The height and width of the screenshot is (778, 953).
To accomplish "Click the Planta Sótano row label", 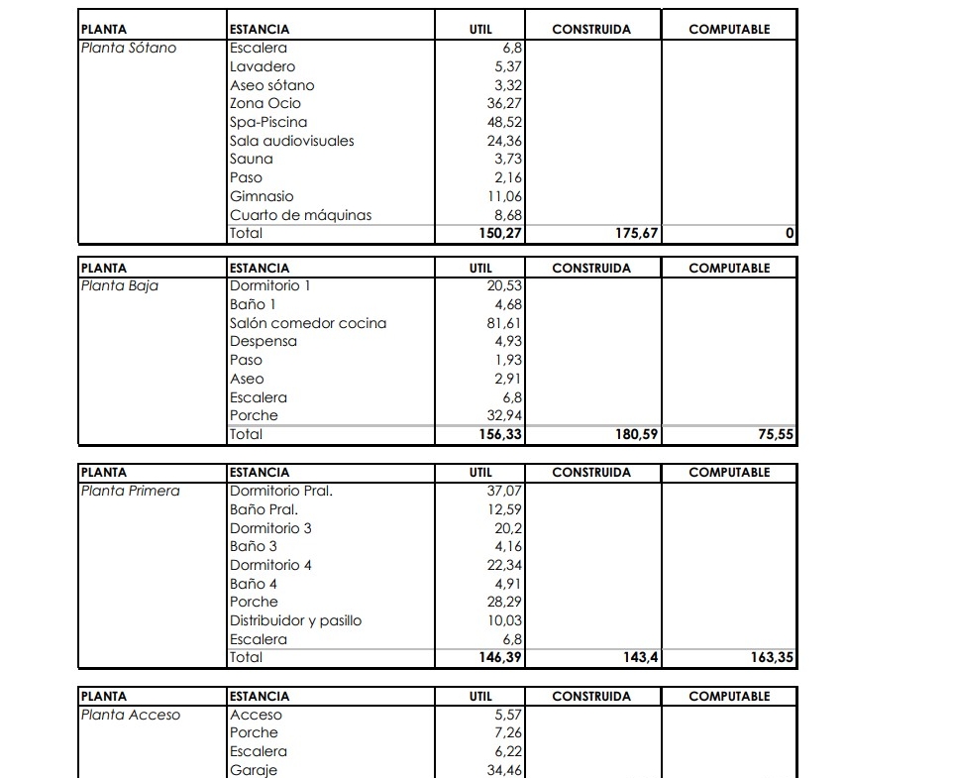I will (x=128, y=48).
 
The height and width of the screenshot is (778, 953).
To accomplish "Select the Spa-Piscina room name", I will (x=268, y=122).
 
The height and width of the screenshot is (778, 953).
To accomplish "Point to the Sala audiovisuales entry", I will (x=291, y=141).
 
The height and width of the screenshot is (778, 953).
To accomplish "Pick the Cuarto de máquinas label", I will (x=300, y=215).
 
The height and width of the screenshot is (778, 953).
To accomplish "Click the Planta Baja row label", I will (x=120, y=285).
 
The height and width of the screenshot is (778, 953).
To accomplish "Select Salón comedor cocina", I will (x=308, y=323).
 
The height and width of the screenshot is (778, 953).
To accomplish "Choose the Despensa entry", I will (x=264, y=342).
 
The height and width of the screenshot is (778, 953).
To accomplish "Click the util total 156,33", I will (x=499, y=434).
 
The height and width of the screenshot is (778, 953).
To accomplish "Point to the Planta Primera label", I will (x=130, y=491).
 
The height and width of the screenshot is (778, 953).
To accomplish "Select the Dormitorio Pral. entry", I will (x=281, y=491).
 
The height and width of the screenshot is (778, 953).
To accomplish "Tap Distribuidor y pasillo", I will (x=295, y=620).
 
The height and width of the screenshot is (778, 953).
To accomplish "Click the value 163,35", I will (x=772, y=657).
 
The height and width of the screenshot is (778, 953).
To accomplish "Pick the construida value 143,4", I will (x=640, y=657).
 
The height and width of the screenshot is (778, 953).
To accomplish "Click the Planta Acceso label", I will (x=130, y=715).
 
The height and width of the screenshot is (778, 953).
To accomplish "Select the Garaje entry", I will (x=254, y=770).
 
